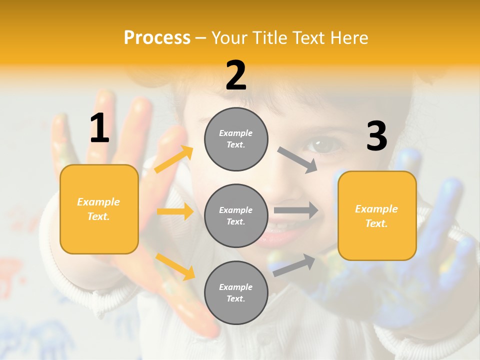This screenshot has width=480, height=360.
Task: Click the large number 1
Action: point(99,128)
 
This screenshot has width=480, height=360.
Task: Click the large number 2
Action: point(236,75)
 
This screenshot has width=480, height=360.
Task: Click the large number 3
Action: point(376,136)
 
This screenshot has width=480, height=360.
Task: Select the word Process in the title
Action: point(157,37)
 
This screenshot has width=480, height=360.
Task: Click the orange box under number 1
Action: point(99,209)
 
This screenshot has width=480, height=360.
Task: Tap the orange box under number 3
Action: point(377,215)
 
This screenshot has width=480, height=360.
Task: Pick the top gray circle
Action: point(236,139)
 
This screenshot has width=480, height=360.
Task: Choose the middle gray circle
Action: point(236,215)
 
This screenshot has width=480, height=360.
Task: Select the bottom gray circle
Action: point(236,292)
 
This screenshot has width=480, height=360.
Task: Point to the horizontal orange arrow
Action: point(175,211)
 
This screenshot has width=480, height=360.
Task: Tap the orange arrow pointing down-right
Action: point(175,266)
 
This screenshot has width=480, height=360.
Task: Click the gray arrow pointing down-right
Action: point(297,160)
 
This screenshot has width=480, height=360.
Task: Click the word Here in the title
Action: point(348,37)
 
